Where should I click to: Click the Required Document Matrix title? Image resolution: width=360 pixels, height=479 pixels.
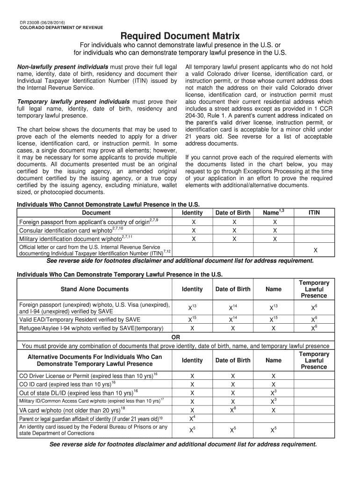[x=180, y=36]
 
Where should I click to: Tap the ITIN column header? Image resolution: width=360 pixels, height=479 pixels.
[x=314, y=212]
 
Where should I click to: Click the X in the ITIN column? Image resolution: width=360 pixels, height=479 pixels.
[x=315, y=250]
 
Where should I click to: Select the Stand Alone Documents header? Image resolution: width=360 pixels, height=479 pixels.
[x=94, y=289]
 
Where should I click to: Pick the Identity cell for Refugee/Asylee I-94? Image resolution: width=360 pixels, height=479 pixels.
[x=192, y=328]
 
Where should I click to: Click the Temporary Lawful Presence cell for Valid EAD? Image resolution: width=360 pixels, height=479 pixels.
[x=314, y=319]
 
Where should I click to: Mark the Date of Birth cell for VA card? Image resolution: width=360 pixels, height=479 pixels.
[x=232, y=410]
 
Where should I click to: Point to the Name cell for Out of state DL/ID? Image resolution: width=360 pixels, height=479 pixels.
[x=274, y=392]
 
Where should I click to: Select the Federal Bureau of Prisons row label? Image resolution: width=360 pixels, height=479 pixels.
[x=93, y=430]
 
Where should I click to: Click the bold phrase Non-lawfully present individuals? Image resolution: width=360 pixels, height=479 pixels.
[x=63, y=67]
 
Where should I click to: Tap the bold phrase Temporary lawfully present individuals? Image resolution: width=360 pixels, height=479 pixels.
[x=73, y=102]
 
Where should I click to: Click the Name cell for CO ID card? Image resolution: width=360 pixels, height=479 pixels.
[x=274, y=384]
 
